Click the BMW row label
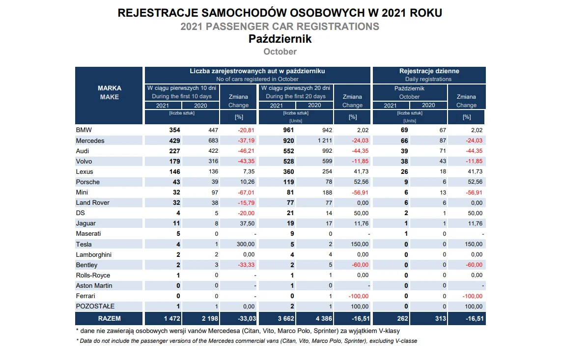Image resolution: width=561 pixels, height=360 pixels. pyautogui.click(x=84, y=130)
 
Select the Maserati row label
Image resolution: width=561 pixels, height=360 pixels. pyautogui.click(x=88, y=234)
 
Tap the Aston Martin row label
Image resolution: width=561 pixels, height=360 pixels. pyautogui.click(x=94, y=285)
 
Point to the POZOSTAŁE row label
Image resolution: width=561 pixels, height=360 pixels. pyautogui.click(x=95, y=306)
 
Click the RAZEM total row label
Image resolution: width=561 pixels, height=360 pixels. pyautogui.click(x=110, y=318)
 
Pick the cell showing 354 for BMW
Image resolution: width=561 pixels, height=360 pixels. pyautogui.click(x=174, y=130)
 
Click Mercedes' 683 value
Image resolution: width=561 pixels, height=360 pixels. pyautogui.click(x=213, y=140)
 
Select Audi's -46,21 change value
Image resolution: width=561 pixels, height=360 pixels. pyautogui.click(x=246, y=151)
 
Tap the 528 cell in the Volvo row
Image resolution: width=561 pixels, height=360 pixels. pyautogui.click(x=288, y=162)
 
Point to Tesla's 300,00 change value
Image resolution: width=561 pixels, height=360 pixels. pyautogui.click(x=246, y=245)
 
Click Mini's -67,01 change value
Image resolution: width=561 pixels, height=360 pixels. pyautogui.click(x=246, y=193)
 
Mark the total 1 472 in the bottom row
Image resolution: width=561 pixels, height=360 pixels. pyautogui.click(x=172, y=318)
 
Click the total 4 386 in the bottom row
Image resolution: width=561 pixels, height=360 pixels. pyautogui.click(x=324, y=318)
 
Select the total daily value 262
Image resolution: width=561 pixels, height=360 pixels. pyautogui.click(x=402, y=318)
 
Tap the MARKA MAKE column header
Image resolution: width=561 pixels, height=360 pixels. pyautogui.click(x=110, y=92)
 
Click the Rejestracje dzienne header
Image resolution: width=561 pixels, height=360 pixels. pyautogui.click(x=429, y=71)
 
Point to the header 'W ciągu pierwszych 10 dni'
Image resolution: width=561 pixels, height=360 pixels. pyautogui.click(x=182, y=88)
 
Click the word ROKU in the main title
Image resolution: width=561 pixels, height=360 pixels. pyautogui.click(x=426, y=13)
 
